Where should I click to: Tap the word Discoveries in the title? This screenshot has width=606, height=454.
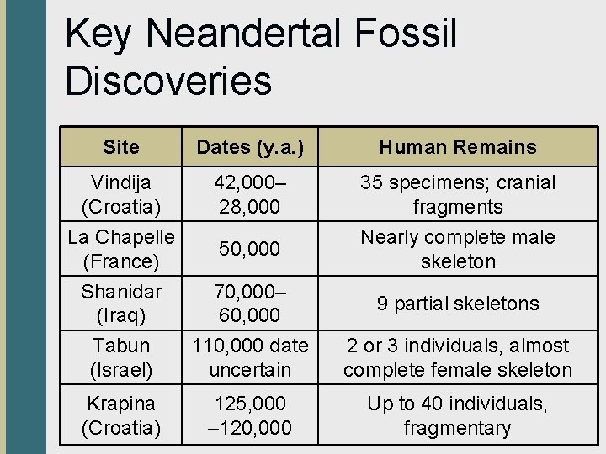[x=168, y=81]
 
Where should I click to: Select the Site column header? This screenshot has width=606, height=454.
[x=121, y=147]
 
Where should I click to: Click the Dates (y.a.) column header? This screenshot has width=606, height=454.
[x=250, y=147]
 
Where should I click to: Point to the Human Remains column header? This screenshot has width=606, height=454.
[x=458, y=147]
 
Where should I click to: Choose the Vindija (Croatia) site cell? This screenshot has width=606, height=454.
[x=121, y=194]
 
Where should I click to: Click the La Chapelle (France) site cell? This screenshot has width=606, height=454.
[x=121, y=249]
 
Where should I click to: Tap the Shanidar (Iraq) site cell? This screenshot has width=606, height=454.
[x=121, y=304]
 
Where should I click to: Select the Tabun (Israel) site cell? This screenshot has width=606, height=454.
[x=121, y=357]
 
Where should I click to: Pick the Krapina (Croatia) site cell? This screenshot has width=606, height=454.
[x=121, y=415]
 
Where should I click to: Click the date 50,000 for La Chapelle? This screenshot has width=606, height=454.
[x=250, y=249]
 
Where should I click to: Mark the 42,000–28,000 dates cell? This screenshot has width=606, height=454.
[x=250, y=194]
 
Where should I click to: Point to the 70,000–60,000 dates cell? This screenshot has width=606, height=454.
[x=250, y=304]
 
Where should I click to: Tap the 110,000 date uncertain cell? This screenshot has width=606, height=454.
[x=250, y=357]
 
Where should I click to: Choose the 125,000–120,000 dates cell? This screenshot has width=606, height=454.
[x=250, y=415]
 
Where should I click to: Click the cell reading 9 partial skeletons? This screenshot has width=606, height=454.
[x=458, y=304]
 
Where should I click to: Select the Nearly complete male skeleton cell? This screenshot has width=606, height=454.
[x=458, y=249]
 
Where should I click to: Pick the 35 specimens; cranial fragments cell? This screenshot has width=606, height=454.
[x=458, y=194]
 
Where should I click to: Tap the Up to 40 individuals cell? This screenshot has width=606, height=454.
[x=458, y=415]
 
